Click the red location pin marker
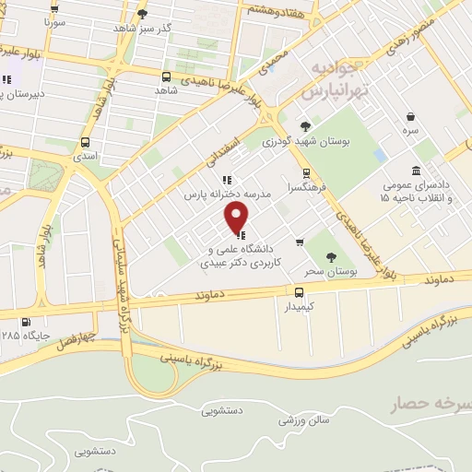click(x=237, y=218)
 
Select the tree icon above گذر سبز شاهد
click(x=141, y=14)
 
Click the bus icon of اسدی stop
click(x=85, y=143)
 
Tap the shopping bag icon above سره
click(x=410, y=117)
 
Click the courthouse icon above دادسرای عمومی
click(x=417, y=171)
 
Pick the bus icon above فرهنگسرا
click(x=305, y=172)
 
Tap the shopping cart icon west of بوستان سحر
click(x=300, y=242)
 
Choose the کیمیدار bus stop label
click(x=299, y=306)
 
